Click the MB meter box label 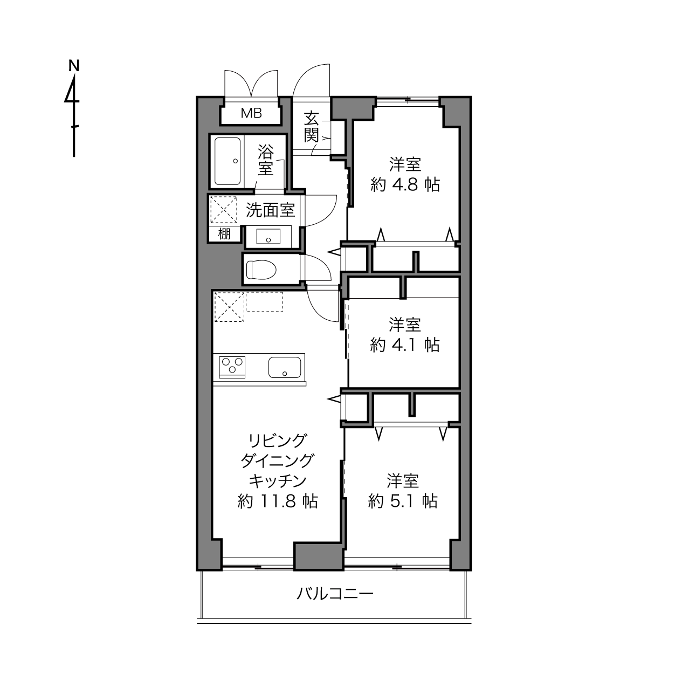[251, 113]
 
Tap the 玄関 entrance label [312, 127]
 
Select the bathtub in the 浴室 [228, 161]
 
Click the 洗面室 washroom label [270, 210]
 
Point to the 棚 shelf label [224, 233]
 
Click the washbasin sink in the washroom [268, 236]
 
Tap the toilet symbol [261, 270]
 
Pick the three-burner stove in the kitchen [232, 367]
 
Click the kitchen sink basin [285, 367]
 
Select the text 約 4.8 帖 [405, 184]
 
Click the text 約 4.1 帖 [404, 345]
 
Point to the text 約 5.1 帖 [403, 501]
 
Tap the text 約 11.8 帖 [278, 501]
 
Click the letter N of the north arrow [74, 65]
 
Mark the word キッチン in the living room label [278, 481]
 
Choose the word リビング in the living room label [278, 440]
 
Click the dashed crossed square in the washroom [223, 210]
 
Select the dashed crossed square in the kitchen [229, 307]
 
